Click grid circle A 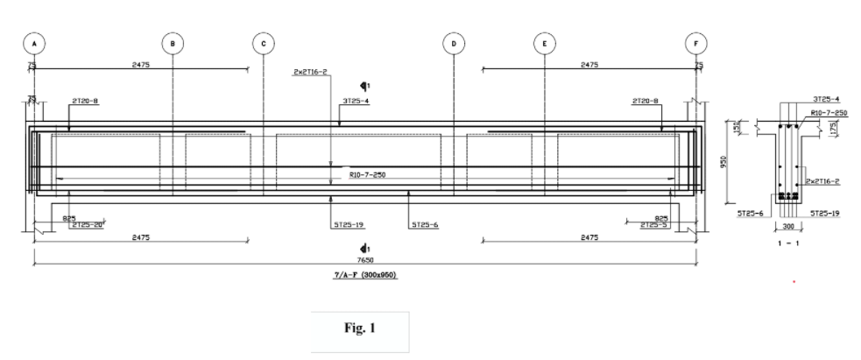[x=34, y=43]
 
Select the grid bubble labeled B [x=173, y=43]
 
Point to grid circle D [x=454, y=43]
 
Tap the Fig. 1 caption [x=360, y=331]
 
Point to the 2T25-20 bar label [x=88, y=225]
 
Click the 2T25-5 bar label [x=653, y=225]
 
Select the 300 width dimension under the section [x=788, y=225]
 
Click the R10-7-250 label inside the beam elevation [x=367, y=175]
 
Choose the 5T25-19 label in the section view [x=826, y=213]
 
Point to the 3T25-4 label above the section [x=825, y=100]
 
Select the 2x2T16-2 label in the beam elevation [x=311, y=74]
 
